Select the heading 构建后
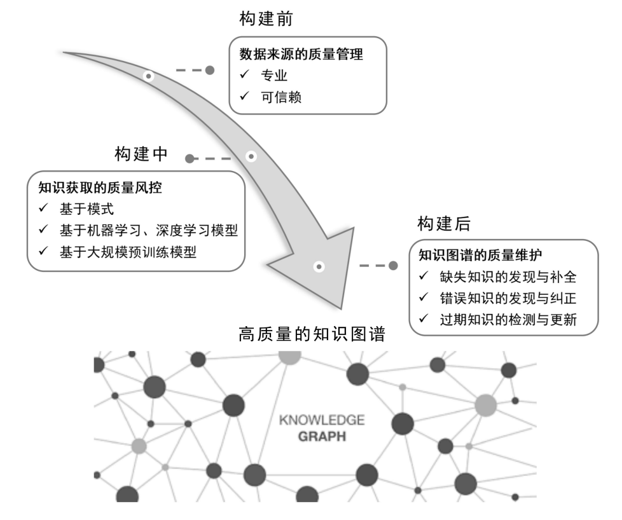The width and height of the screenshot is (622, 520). coord(443,224)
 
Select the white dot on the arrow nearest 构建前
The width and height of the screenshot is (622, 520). coord(148,76)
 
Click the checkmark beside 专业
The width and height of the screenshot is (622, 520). coord(245,75)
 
